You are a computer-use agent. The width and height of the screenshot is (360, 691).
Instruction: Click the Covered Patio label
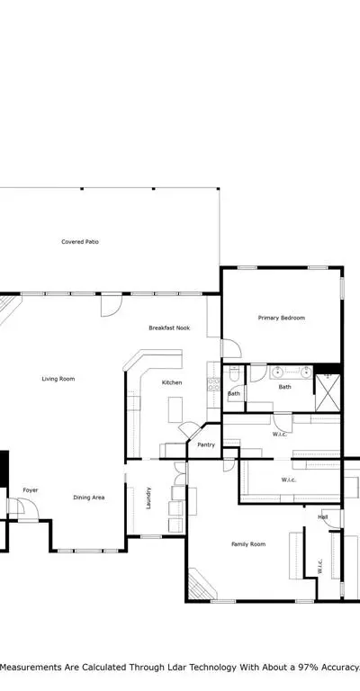(80, 241)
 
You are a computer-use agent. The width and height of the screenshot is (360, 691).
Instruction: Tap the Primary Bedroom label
(281, 318)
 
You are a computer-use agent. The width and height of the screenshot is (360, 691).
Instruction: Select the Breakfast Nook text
(169, 328)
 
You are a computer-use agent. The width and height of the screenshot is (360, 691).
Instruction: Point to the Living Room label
(58, 379)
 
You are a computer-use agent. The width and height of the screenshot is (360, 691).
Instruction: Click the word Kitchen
(172, 382)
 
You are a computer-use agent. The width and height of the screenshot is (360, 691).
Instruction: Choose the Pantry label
(206, 444)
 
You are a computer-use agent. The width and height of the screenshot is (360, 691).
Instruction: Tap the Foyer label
(31, 490)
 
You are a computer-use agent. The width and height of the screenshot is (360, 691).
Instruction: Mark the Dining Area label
(88, 498)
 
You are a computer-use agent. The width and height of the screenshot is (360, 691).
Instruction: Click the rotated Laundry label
(148, 498)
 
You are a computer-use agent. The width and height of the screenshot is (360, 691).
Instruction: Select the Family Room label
(248, 544)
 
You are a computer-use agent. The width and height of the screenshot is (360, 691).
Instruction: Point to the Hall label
(322, 517)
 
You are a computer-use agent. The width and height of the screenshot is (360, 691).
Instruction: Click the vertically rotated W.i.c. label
(319, 567)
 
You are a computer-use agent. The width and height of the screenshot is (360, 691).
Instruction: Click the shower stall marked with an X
(328, 392)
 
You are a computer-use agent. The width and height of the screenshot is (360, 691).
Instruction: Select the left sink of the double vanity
(277, 372)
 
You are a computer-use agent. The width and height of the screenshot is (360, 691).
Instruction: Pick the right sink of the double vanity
(306, 372)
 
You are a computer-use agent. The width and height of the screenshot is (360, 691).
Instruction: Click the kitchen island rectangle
(175, 410)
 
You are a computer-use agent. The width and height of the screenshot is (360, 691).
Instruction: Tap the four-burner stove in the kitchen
(213, 384)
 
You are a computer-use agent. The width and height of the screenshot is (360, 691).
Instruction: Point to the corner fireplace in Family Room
(201, 584)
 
